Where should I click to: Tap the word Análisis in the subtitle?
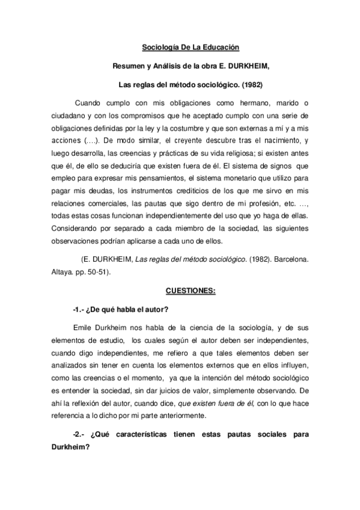[x=172, y=65]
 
